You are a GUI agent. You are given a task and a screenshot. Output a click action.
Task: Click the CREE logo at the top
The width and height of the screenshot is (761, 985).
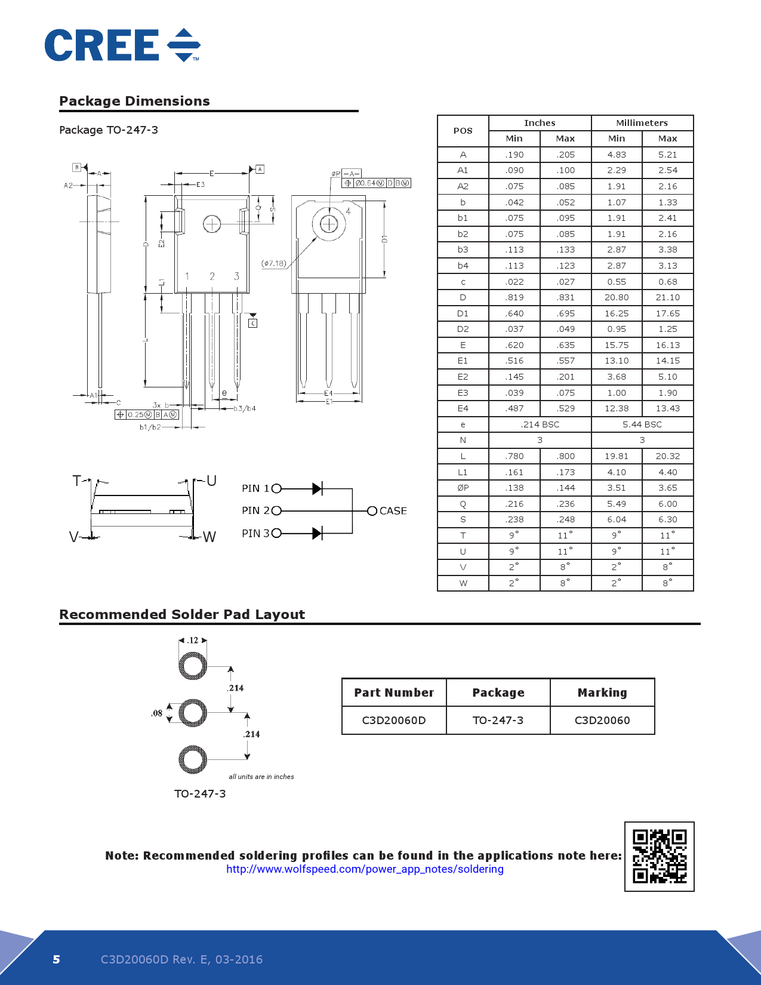122,45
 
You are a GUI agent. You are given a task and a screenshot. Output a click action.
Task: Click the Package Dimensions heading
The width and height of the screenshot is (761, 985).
134,101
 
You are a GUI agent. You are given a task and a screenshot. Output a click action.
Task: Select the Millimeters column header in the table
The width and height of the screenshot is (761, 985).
642,123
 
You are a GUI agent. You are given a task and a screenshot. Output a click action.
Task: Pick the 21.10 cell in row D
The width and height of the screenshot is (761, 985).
667,297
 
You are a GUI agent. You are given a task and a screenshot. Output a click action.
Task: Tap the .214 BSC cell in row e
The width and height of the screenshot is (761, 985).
540,424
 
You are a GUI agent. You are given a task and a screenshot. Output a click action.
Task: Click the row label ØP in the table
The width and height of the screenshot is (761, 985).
463,488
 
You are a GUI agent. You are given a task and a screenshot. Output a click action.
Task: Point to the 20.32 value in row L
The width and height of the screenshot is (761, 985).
667,456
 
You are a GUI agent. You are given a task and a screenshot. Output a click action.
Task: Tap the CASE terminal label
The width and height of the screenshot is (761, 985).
393,511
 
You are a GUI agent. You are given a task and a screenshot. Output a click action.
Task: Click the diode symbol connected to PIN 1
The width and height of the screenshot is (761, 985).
317,489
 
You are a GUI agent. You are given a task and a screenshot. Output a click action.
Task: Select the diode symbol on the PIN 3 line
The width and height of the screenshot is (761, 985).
317,533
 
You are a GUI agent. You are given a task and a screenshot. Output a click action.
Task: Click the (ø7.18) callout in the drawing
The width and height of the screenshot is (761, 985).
274,263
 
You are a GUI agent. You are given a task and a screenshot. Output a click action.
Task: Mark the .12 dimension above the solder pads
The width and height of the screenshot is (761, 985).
193,641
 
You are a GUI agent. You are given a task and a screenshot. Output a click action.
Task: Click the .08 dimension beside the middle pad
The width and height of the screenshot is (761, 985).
156,713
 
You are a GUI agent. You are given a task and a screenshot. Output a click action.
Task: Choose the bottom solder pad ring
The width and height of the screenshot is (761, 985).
193,759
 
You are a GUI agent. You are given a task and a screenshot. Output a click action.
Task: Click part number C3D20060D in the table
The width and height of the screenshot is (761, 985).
394,721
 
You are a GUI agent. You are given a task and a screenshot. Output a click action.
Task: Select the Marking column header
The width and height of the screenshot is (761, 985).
602,692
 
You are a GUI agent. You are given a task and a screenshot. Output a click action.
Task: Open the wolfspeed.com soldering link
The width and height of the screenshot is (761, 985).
365,869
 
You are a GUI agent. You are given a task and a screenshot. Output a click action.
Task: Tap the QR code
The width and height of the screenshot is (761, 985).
660,856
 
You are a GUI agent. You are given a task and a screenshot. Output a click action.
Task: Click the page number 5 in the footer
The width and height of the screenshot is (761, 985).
57,959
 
